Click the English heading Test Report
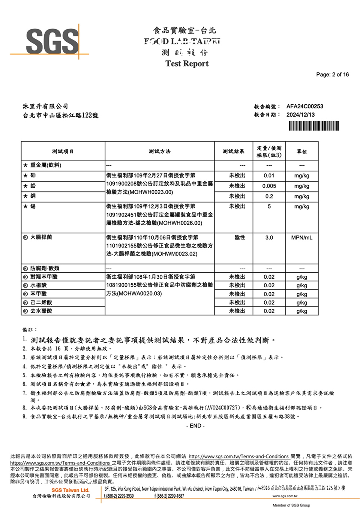[x=187, y=63]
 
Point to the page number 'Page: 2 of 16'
[x=332, y=74]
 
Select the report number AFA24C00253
[x=304, y=106]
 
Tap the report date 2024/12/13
[x=300, y=115]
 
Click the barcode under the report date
[x=313, y=126]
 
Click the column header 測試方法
[x=159, y=151]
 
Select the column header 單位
[x=301, y=152]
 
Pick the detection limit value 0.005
[x=269, y=186]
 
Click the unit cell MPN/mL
[x=301, y=237]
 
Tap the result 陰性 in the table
[x=240, y=237]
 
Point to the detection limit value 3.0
[x=269, y=237]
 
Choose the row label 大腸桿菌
[x=41, y=237]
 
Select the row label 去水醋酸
[x=41, y=311]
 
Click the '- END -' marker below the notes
[x=195, y=426]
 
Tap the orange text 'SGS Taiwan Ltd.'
[x=70, y=490]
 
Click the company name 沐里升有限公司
[x=45, y=107]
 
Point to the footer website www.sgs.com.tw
[x=285, y=496]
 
